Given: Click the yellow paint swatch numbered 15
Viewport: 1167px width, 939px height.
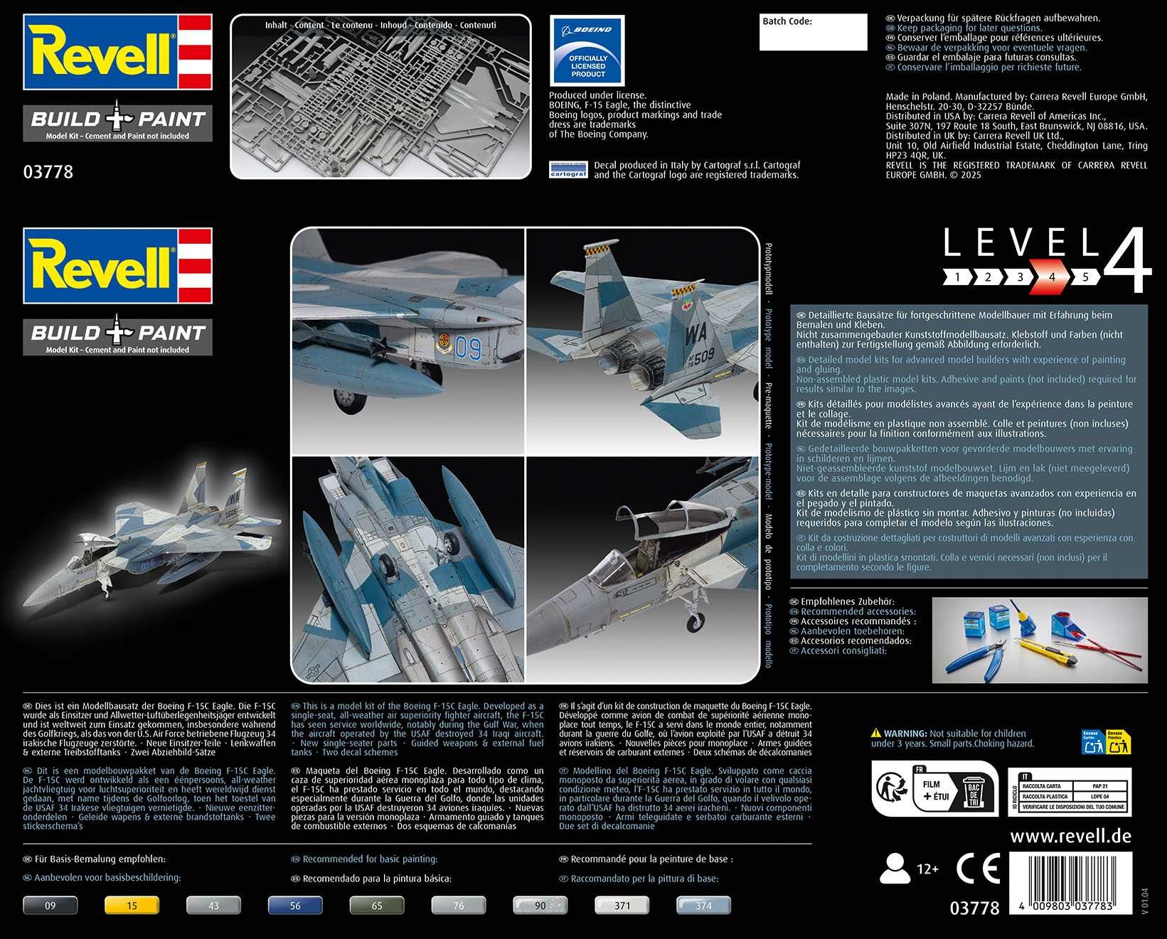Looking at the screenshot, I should (132, 906).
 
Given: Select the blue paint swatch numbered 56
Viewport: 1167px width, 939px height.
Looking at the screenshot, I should (295, 906).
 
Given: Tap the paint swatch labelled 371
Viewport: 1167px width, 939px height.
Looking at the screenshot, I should (622, 906).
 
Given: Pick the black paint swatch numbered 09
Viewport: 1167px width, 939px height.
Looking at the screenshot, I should (50, 906).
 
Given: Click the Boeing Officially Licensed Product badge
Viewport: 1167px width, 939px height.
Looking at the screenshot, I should (587, 51).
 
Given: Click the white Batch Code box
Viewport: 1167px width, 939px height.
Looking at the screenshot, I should (813, 32).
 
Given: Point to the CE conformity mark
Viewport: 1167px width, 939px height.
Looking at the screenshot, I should (978, 869).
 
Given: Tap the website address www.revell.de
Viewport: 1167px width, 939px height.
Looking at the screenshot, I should (1070, 836).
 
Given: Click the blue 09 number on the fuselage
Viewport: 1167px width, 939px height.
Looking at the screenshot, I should (468, 348).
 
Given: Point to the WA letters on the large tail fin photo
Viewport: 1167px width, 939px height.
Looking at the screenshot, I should (696, 333).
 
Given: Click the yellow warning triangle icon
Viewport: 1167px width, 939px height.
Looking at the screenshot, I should (876, 733).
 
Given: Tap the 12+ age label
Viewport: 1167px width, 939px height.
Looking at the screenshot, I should (927, 869).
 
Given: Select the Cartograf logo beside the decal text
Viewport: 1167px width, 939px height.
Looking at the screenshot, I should (568, 170).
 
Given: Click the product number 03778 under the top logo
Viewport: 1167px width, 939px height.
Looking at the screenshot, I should (48, 172).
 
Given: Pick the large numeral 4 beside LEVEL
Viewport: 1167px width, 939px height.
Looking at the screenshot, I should (1127, 261).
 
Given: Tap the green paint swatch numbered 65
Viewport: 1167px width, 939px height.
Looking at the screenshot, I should (377, 906).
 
